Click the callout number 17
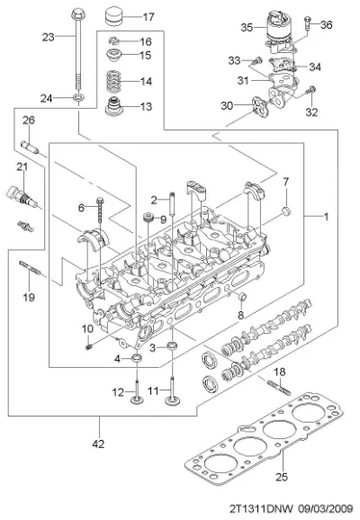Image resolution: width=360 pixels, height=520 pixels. (148, 16)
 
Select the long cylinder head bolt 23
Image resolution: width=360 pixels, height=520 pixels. (77, 49)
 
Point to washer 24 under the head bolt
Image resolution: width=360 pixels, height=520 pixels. (78, 97)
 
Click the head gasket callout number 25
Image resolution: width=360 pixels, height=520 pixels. (282, 477)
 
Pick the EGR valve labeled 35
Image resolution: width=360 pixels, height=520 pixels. (279, 32)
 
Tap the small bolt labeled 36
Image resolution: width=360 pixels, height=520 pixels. (307, 23)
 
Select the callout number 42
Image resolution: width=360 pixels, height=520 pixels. (98, 444)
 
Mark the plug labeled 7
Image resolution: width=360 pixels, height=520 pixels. (286, 211)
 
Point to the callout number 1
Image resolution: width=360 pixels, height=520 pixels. (327, 217)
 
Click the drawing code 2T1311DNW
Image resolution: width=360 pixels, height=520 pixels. (262, 508)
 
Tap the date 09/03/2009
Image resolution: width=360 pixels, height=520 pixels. (325, 508)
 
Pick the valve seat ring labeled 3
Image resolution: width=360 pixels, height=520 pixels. (172, 346)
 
